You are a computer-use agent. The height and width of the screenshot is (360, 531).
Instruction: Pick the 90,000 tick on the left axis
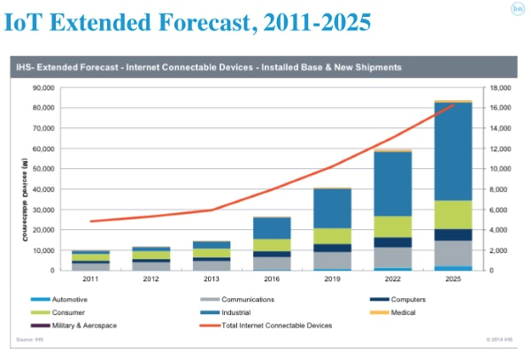tap(42, 88)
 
